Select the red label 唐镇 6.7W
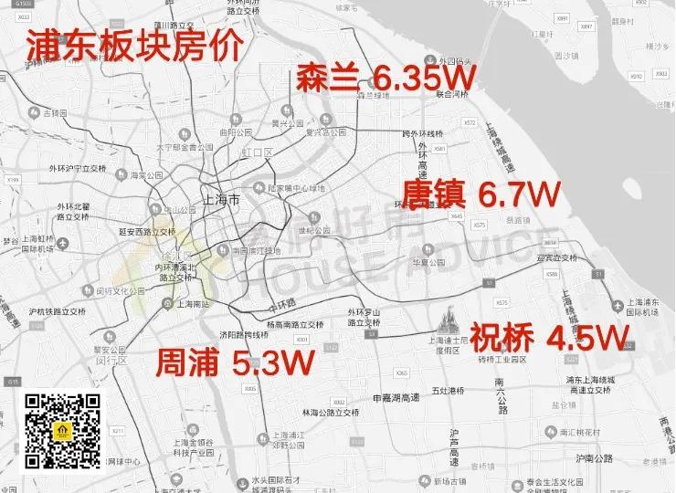click(481, 194)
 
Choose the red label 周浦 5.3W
click(235, 362)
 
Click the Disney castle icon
click(448, 320)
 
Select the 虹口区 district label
click(262, 152)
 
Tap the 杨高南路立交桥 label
click(294, 324)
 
